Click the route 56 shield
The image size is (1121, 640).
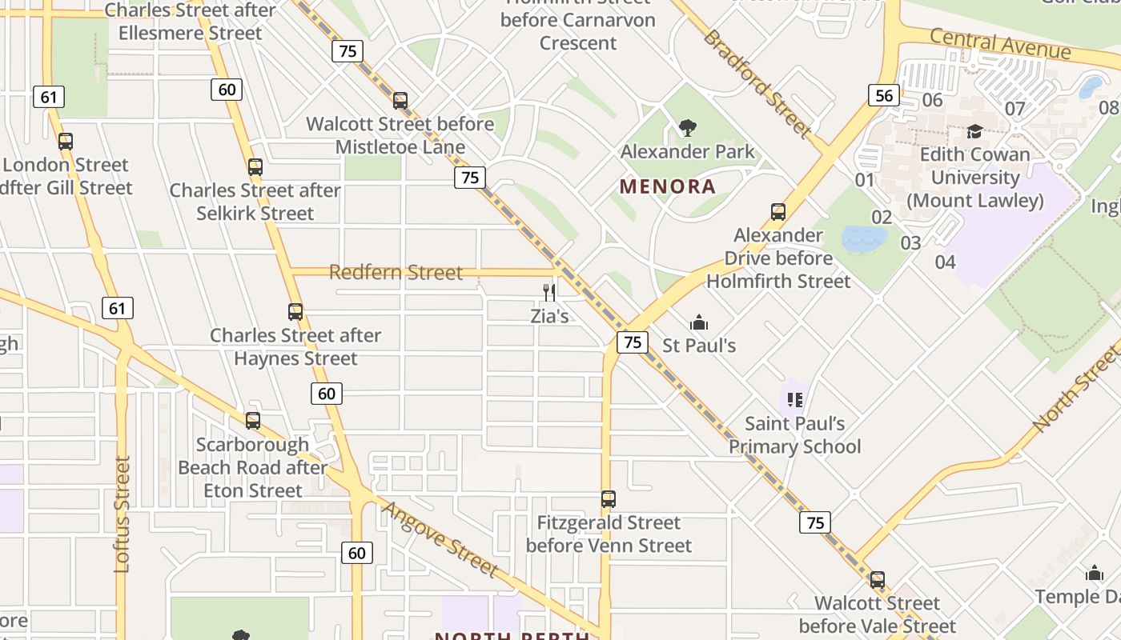point(883,95)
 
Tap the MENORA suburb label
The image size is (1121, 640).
point(668,187)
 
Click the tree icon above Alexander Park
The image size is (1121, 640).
point(687,127)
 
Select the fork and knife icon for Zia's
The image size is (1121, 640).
point(549,292)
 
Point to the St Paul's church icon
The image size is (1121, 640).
point(699,322)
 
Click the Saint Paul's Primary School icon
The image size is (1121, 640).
point(794,399)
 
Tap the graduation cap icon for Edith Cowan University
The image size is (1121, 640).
point(974,131)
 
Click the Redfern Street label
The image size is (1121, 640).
point(396,273)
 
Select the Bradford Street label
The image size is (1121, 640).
point(757,83)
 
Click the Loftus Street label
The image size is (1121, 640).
point(122,514)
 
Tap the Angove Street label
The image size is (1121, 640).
point(440,538)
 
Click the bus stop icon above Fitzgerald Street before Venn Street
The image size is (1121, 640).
point(609,499)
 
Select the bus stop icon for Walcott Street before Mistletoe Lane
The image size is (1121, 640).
point(400,101)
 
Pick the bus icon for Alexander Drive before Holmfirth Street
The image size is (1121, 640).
point(777,212)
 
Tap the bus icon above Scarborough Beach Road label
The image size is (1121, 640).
point(253,420)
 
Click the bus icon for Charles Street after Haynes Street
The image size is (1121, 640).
point(295,312)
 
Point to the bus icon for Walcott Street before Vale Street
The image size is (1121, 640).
point(878,580)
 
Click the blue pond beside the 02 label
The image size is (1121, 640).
point(864,238)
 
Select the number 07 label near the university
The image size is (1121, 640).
point(1015,108)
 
